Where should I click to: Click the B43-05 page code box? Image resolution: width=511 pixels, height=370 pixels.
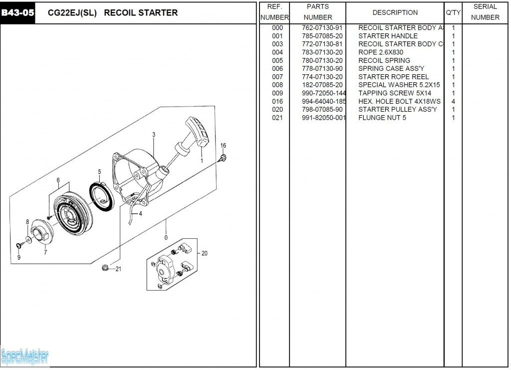coord(17,13)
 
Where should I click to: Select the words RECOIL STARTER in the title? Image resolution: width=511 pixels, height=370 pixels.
coord(141,13)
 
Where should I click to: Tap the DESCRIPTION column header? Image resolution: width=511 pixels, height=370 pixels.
coord(395,12)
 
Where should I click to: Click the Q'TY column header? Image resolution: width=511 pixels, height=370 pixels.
coord(453,12)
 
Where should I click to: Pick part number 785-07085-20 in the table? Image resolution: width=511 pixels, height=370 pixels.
coord(322,36)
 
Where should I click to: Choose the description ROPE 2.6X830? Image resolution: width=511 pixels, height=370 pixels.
coord(380,52)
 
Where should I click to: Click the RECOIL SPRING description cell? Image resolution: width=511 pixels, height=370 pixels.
coord(384,60)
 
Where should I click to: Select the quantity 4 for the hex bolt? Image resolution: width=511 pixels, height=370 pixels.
coord(453,101)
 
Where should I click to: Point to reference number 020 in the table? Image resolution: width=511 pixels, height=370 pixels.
coord(277,109)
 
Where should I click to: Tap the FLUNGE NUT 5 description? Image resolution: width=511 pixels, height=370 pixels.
coord(382,118)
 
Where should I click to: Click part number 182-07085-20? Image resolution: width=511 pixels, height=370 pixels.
coord(322,85)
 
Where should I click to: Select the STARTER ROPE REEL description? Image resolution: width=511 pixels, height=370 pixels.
coord(393,77)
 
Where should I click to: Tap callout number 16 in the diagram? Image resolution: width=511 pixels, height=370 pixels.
coord(223,146)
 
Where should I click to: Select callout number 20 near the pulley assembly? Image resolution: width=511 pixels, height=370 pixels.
coord(204,253)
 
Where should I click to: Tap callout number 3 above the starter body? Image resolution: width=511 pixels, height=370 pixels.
coord(154,135)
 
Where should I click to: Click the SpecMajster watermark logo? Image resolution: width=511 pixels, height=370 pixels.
coord(25,357)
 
